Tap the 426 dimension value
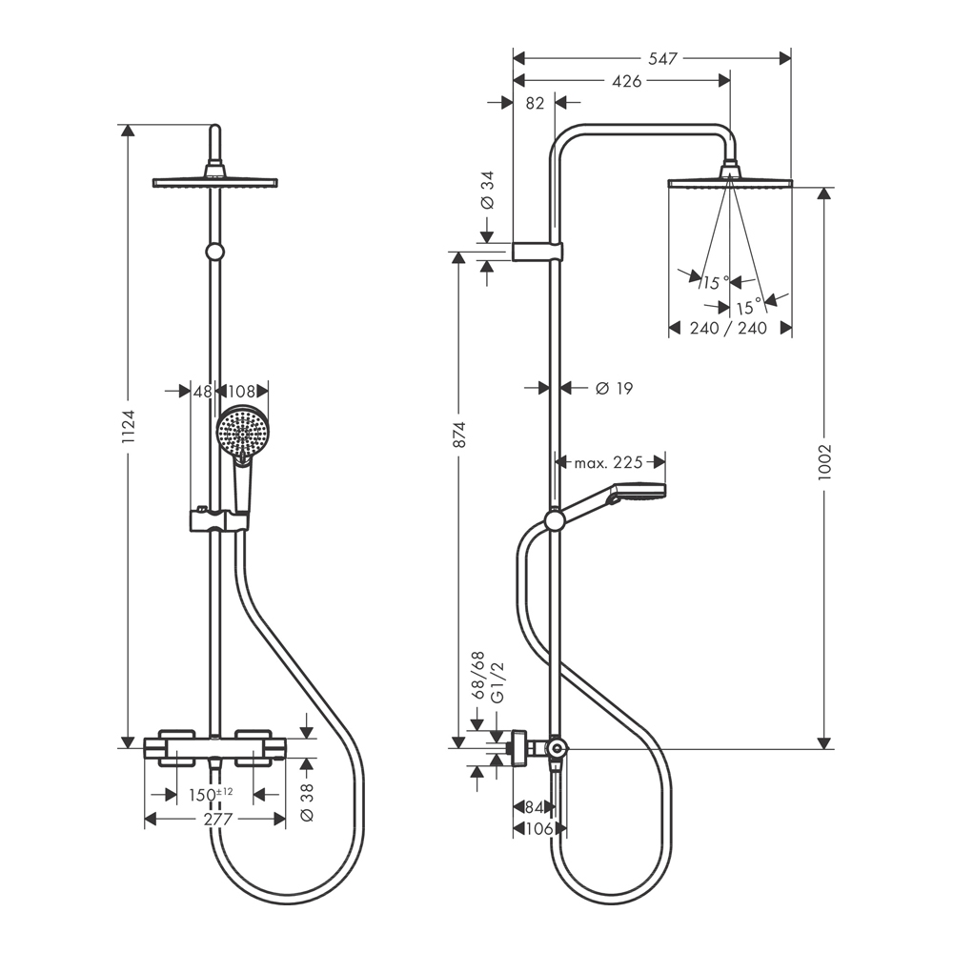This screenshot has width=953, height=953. point(625,81)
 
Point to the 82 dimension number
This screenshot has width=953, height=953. point(535,104)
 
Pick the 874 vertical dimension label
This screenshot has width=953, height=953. point(458,435)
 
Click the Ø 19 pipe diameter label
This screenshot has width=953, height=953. point(614,388)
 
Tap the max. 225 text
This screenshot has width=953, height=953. point(608,463)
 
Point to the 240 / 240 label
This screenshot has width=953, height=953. point(729,328)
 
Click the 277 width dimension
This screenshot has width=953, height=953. point(214,819)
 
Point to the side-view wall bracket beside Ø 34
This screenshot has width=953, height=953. point(538,252)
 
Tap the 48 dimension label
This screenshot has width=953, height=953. point(203,391)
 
